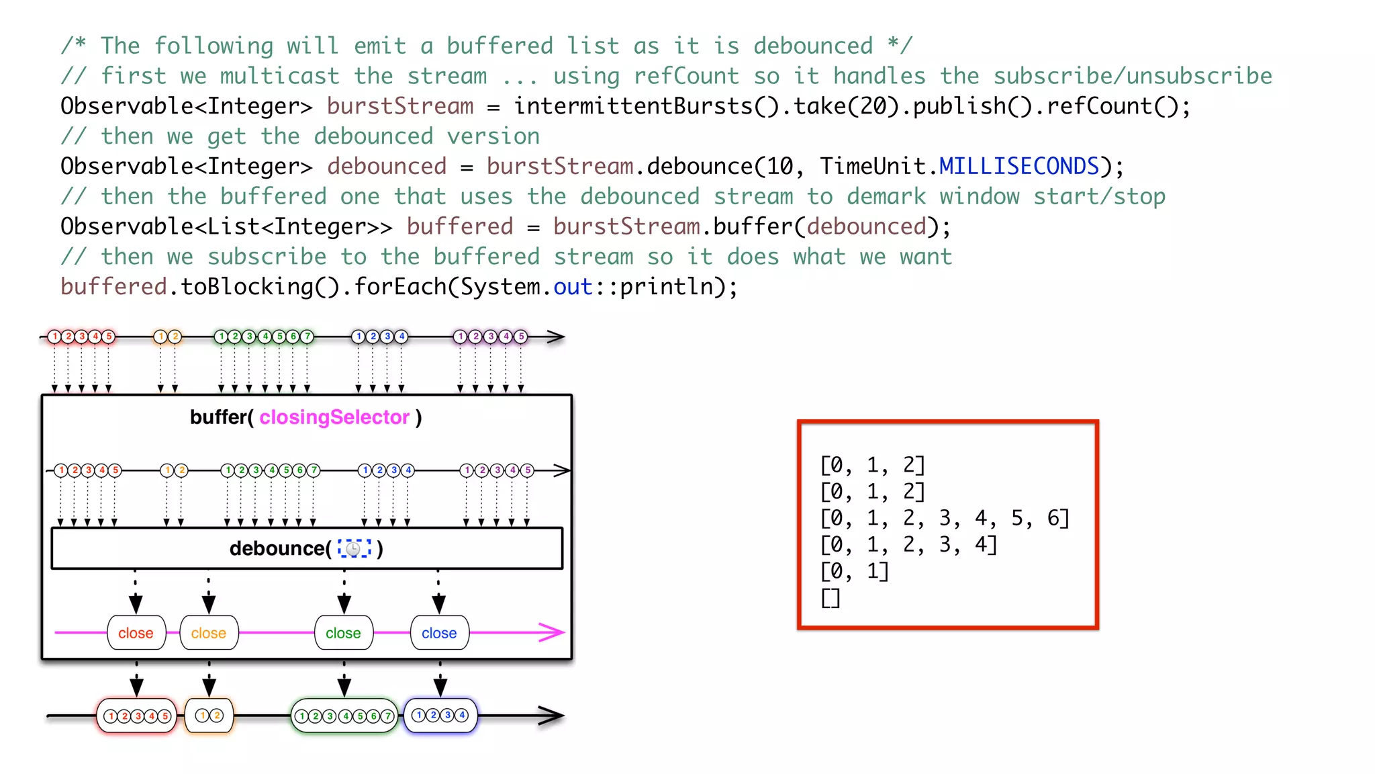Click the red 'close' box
point(136,633)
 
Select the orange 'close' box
point(209,633)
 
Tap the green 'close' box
point(344,633)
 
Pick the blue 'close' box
point(439,633)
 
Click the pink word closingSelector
point(334,417)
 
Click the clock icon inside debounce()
point(354,549)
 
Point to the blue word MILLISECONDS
point(1018,166)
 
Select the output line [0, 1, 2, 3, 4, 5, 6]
point(944,518)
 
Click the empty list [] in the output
point(831,597)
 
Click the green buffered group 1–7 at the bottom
point(344,716)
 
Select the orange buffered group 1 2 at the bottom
point(209,716)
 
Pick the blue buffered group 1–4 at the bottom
point(440,715)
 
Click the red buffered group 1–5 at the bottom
point(137,716)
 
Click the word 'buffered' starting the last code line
point(113,287)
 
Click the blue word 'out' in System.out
point(572,287)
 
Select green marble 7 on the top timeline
point(307,336)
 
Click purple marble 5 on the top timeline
point(521,336)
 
